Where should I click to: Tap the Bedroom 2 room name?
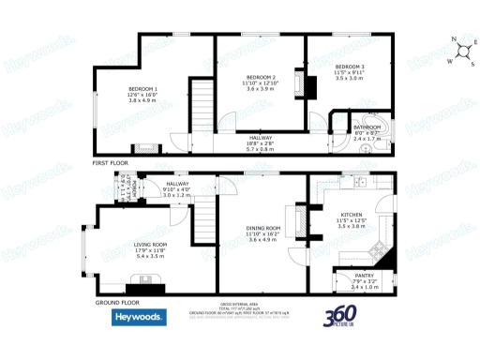261,77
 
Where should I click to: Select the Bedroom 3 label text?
350,67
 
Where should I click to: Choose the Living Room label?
150,244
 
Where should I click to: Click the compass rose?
460,52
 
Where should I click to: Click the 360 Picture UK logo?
344,319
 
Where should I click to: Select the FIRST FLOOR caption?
109,163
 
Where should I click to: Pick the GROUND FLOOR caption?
118,303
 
